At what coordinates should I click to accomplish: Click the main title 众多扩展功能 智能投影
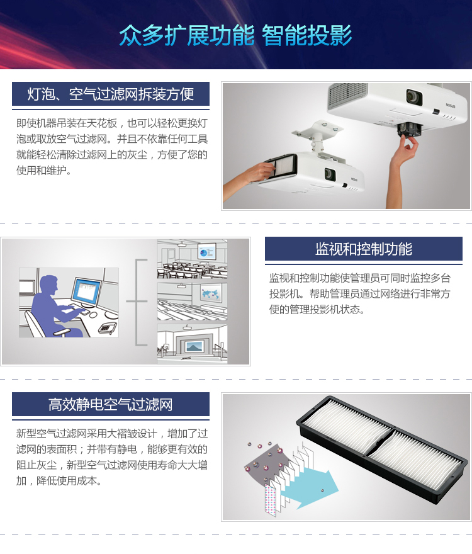235,35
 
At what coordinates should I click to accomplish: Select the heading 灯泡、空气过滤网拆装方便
111,94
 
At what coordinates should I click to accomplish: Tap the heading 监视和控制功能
364,249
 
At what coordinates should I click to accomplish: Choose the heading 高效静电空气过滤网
111,404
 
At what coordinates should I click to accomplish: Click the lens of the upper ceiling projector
413,96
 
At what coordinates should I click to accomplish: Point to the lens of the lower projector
330,174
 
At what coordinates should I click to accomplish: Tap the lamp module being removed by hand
409,130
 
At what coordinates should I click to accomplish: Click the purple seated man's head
49,285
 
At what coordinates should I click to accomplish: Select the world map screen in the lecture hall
211,293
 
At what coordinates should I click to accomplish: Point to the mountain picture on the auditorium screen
194,347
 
